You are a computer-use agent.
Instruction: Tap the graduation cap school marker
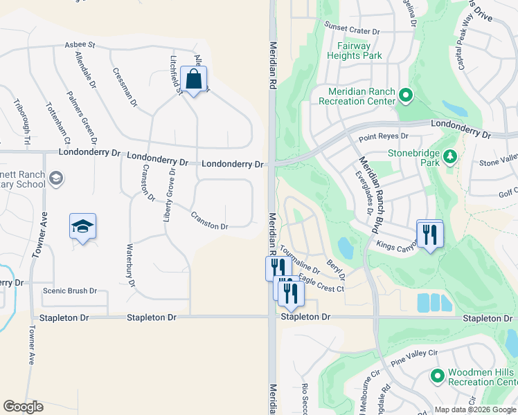click(x=82, y=226)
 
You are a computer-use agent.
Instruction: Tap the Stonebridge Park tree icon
click(x=451, y=156)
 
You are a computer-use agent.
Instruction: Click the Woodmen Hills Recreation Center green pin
click(x=437, y=377)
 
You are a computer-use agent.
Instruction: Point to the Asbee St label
click(x=80, y=45)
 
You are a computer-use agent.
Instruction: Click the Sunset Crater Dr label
click(x=352, y=31)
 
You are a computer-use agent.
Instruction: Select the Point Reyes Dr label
click(x=379, y=138)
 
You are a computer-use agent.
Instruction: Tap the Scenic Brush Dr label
click(x=70, y=291)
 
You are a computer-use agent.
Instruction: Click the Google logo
click(x=23, y=407)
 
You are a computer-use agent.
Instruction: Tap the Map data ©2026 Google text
click(x=475, y=409)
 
